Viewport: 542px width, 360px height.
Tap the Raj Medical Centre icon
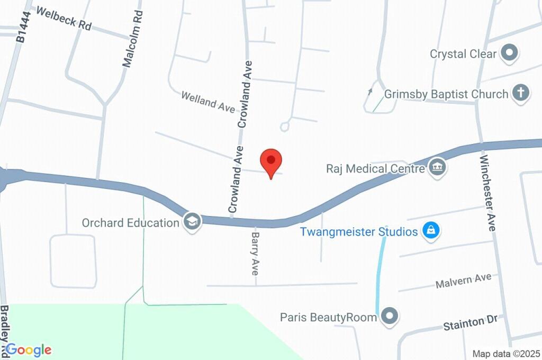[x=438, y=168]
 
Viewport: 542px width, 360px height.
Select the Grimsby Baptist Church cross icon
[x=520, y=94]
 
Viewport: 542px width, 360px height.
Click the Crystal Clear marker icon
[x=510, y=53]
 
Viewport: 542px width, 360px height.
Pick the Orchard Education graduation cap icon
[x=192, y=221]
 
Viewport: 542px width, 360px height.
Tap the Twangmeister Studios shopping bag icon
[x=431, y=231]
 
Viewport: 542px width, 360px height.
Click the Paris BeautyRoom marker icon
[x=390, y=316]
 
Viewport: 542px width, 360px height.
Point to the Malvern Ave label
[x=463, y=281]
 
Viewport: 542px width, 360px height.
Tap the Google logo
[x=29, y=349]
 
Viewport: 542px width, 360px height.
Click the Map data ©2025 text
[x=506, y=354]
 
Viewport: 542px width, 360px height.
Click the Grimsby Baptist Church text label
[x=446, y=94]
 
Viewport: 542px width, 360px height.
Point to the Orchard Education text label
[x=130, y=222]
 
